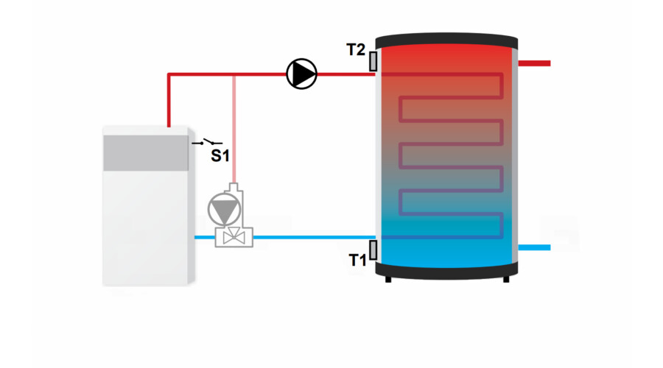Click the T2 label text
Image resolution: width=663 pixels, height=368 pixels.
(356, 50)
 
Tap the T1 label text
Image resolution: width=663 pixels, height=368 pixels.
(357, 260)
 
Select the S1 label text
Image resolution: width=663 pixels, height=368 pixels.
(220, 156)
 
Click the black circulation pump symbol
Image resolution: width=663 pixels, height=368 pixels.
(301, 74)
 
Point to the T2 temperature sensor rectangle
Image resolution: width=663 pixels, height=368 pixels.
(373, 61)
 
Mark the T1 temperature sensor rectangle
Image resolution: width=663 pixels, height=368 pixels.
(373, 250)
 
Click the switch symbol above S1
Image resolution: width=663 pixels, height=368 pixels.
(207, 142)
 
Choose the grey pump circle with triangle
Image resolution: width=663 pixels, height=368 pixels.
(224, 209)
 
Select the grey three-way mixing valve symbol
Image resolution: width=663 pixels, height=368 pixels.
(234, 236)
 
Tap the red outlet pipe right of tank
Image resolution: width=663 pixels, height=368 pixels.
(534, 63)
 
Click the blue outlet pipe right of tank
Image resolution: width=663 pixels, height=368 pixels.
(534, 247)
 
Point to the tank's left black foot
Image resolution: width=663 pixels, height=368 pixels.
(388, 279)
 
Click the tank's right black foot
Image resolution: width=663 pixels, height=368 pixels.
(505, 279)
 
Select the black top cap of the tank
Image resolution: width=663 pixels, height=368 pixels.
(446, 40)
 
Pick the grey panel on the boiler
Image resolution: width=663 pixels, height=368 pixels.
(146, 153)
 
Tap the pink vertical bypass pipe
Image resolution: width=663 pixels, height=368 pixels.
(234, 130)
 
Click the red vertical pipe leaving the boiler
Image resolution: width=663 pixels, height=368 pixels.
(169, 101)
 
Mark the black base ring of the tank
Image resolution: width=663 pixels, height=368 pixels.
(446, 270)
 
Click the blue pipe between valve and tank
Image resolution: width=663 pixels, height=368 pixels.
(314, 238)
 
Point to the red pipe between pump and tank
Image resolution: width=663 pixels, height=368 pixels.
(346, 74)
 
